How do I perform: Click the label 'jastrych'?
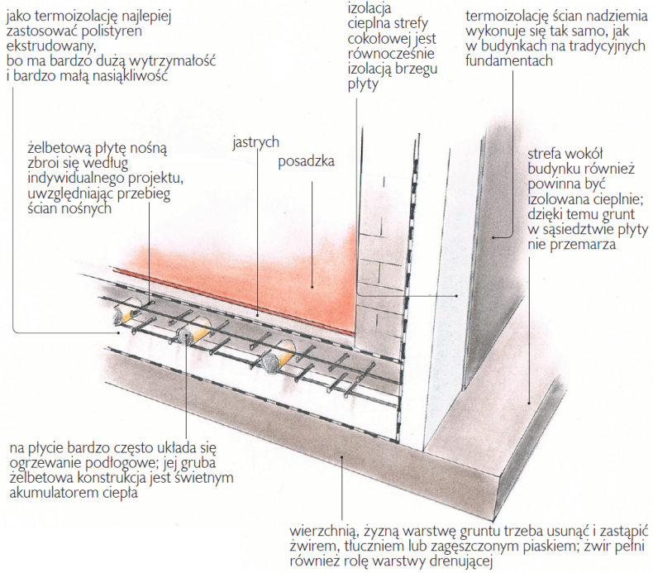[x=255, y=141]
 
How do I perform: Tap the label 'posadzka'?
[x=306, y=162]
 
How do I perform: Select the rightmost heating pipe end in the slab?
[x=274, y=361]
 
